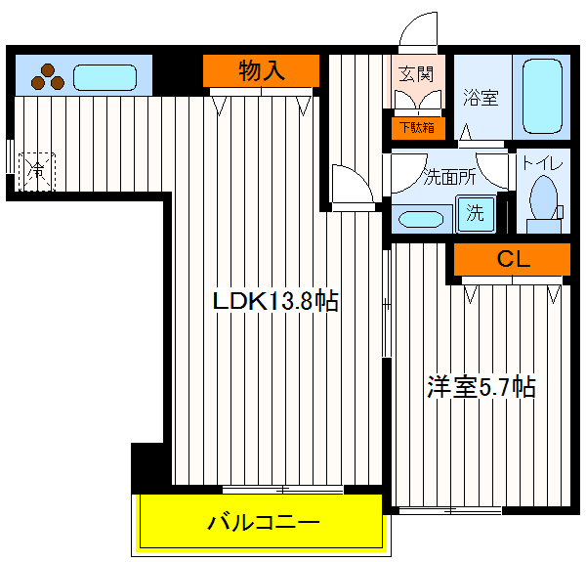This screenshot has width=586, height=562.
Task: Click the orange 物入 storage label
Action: coord(261,70)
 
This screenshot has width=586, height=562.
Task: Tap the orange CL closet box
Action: coord(511,259)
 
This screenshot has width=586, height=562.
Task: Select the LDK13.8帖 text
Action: coord(276,301)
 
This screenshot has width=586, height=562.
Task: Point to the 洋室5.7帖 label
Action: coord(481,387)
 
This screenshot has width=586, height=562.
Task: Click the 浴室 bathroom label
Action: coord(481,98)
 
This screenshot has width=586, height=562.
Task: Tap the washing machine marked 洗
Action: coord(475,213)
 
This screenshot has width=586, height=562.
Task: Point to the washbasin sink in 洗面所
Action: coord(421,218)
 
